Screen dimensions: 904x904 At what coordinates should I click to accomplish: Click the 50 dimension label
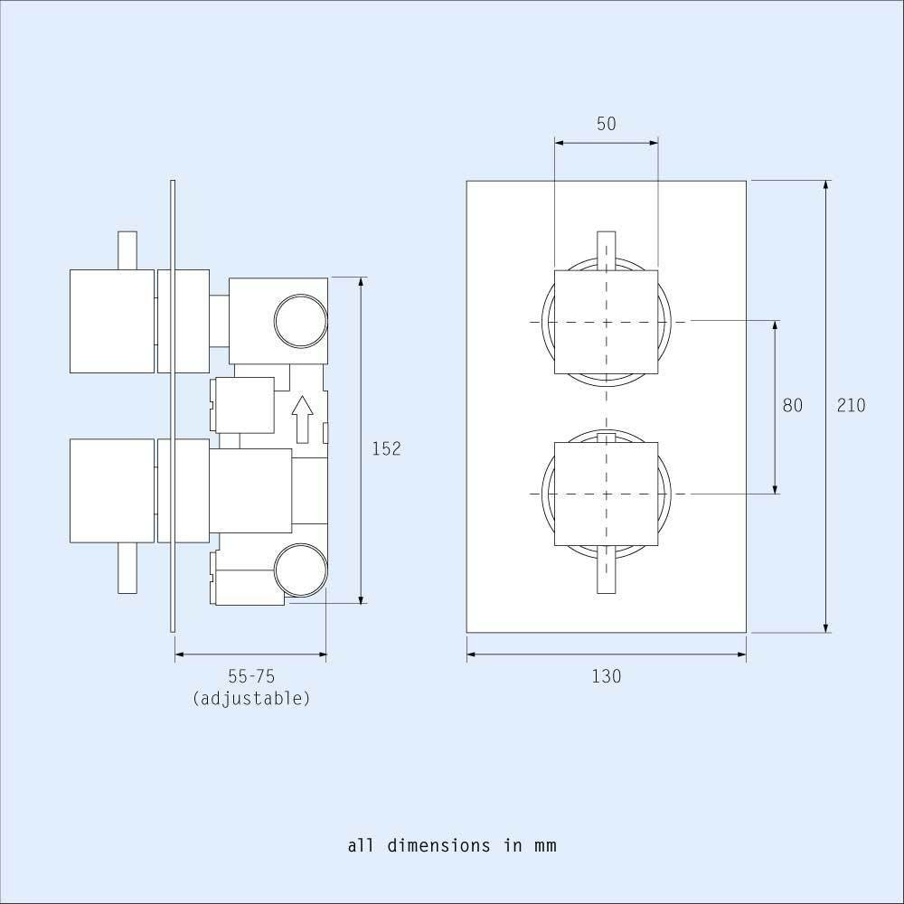(606, 123)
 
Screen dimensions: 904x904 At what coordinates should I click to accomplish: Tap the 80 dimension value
(792, 405)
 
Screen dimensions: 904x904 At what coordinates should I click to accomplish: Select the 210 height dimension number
(851, 405)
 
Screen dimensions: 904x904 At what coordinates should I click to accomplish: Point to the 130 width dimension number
(607, 675)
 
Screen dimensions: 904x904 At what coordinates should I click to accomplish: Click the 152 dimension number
(386, 448)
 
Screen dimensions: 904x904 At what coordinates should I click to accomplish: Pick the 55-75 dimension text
(251, 675)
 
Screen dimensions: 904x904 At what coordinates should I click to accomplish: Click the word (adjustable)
(251, 698)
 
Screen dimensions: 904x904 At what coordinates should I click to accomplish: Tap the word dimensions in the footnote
(438, 845)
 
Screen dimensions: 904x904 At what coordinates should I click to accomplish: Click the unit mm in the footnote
(545, 846)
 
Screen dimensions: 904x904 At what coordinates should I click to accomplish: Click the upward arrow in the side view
(302, 419)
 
